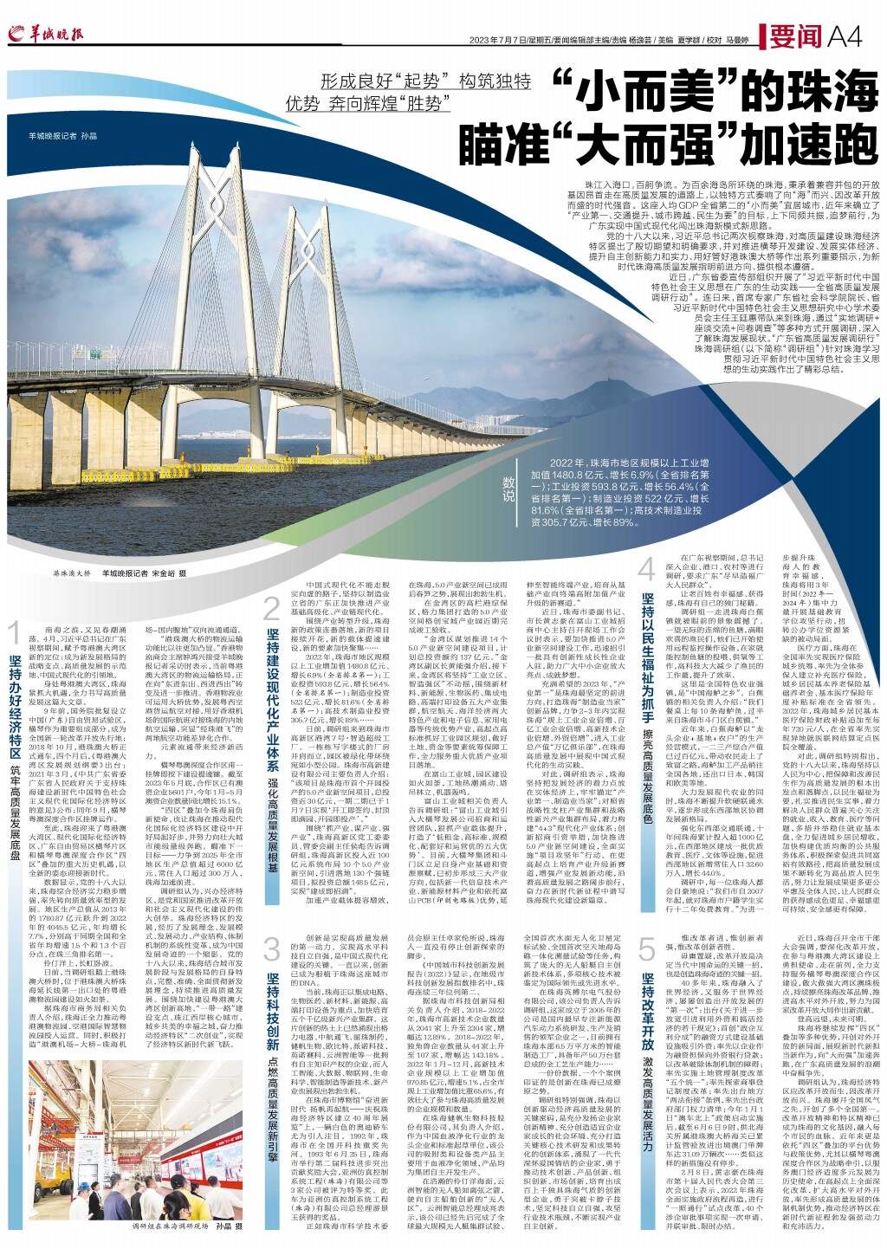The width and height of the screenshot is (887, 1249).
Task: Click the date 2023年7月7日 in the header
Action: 516,40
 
